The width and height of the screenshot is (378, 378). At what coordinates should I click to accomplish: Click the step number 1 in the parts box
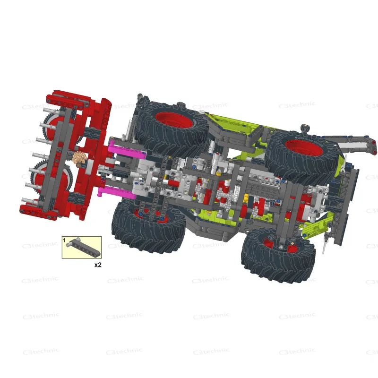tap(65, 241)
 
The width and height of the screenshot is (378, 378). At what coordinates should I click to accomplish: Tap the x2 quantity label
tap(98, 265)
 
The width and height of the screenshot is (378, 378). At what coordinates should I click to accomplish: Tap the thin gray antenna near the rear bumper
tap(325, 246)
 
